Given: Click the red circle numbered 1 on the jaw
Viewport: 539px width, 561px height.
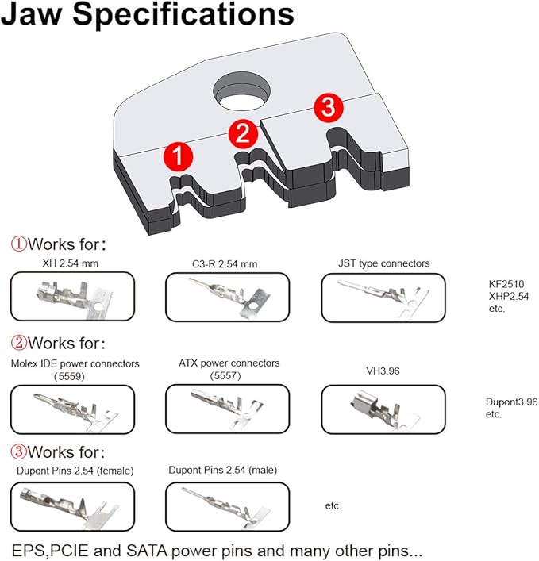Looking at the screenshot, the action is point(178,156).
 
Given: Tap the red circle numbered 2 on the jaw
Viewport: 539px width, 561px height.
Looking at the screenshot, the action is point(243,133).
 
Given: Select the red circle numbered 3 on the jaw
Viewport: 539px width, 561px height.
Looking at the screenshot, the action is point(328,107).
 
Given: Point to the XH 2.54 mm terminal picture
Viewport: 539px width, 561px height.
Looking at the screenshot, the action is point(73,296).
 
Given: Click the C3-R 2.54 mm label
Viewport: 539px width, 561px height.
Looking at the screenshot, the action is point(225,264).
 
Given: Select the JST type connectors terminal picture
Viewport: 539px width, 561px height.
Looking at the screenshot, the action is point(383,298).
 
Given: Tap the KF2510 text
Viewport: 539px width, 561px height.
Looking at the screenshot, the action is point(506,284).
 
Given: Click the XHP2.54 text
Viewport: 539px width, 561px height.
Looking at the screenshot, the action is point(509,296).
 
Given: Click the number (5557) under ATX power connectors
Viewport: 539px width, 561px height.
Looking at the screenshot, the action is point(225,375).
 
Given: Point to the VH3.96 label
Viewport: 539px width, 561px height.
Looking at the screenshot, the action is point(383,371).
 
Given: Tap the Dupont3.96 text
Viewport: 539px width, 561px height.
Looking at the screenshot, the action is point(511,402).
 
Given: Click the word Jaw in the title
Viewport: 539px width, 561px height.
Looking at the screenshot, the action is point(32,14).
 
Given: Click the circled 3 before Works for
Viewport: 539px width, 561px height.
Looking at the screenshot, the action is point(18,451).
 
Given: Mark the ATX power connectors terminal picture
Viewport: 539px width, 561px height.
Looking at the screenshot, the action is point(227,409).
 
